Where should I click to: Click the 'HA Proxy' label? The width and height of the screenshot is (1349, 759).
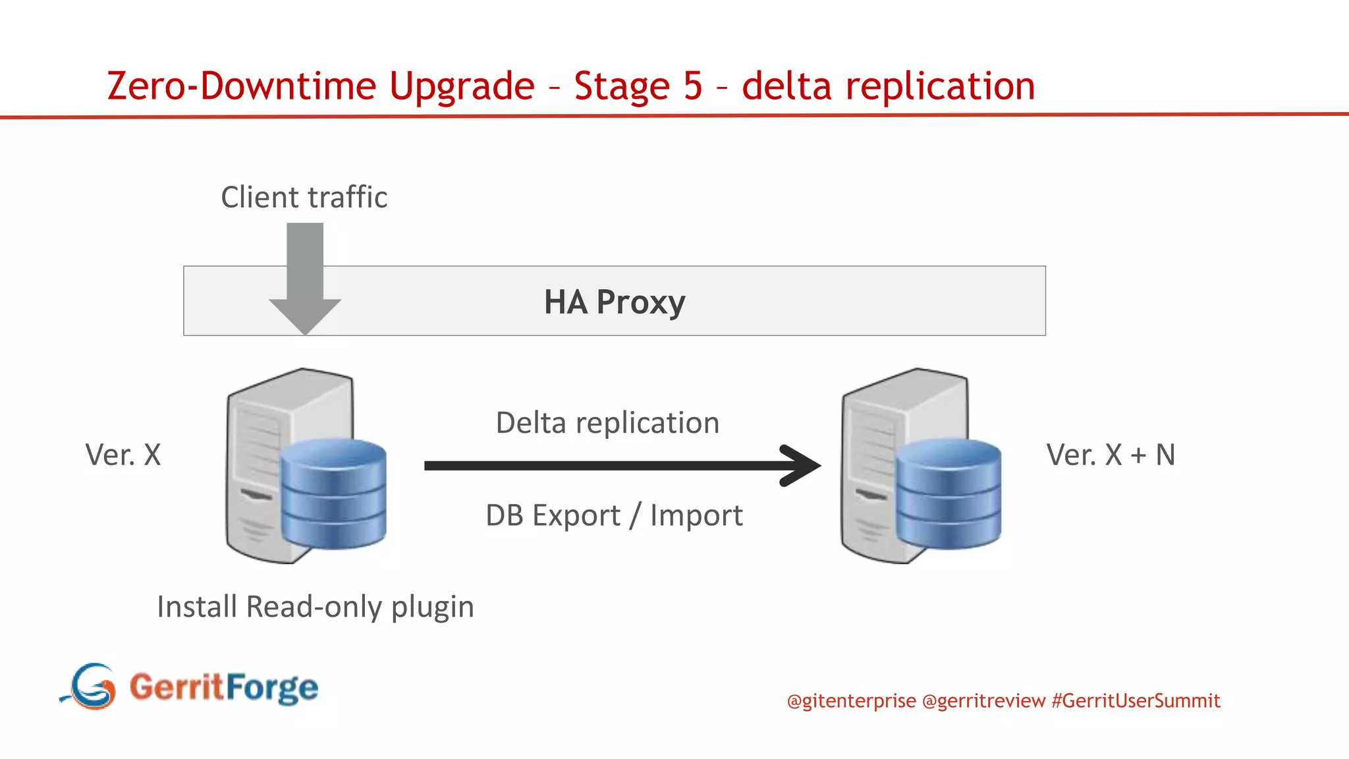click(x=615, y=302)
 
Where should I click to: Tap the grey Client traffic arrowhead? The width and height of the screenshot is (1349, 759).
click(x=305, y=316)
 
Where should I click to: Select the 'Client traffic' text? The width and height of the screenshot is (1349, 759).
click(x=304, y=197)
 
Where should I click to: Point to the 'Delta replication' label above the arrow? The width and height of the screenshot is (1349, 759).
click(x=607, y=422)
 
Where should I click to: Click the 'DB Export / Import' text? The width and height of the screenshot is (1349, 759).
click(x=614, y=515)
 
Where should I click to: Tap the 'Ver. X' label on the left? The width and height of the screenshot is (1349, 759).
click(x=123, y=455)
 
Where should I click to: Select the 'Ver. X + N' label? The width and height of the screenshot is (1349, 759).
click(x=1111, y=455)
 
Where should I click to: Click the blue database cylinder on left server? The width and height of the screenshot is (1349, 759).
click(x=333, y=494)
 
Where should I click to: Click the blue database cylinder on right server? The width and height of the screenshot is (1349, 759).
click(x=949, y=494)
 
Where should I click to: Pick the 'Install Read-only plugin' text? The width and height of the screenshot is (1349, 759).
click(x=316, y=606)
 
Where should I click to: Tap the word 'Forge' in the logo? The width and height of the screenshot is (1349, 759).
click(x=272, y=688)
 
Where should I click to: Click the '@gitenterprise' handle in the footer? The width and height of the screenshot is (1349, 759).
click(x=851, y=700)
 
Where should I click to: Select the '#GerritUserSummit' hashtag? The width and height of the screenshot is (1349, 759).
click(x=1136, y=700)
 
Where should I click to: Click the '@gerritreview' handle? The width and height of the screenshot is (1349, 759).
click(x=983, y=700)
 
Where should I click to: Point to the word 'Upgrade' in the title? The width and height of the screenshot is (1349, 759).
click(x=462, y=86)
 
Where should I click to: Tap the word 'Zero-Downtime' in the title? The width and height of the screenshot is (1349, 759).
click(x=242, y=86)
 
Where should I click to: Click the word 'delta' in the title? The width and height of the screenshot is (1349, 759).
click(x=786, y=86)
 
